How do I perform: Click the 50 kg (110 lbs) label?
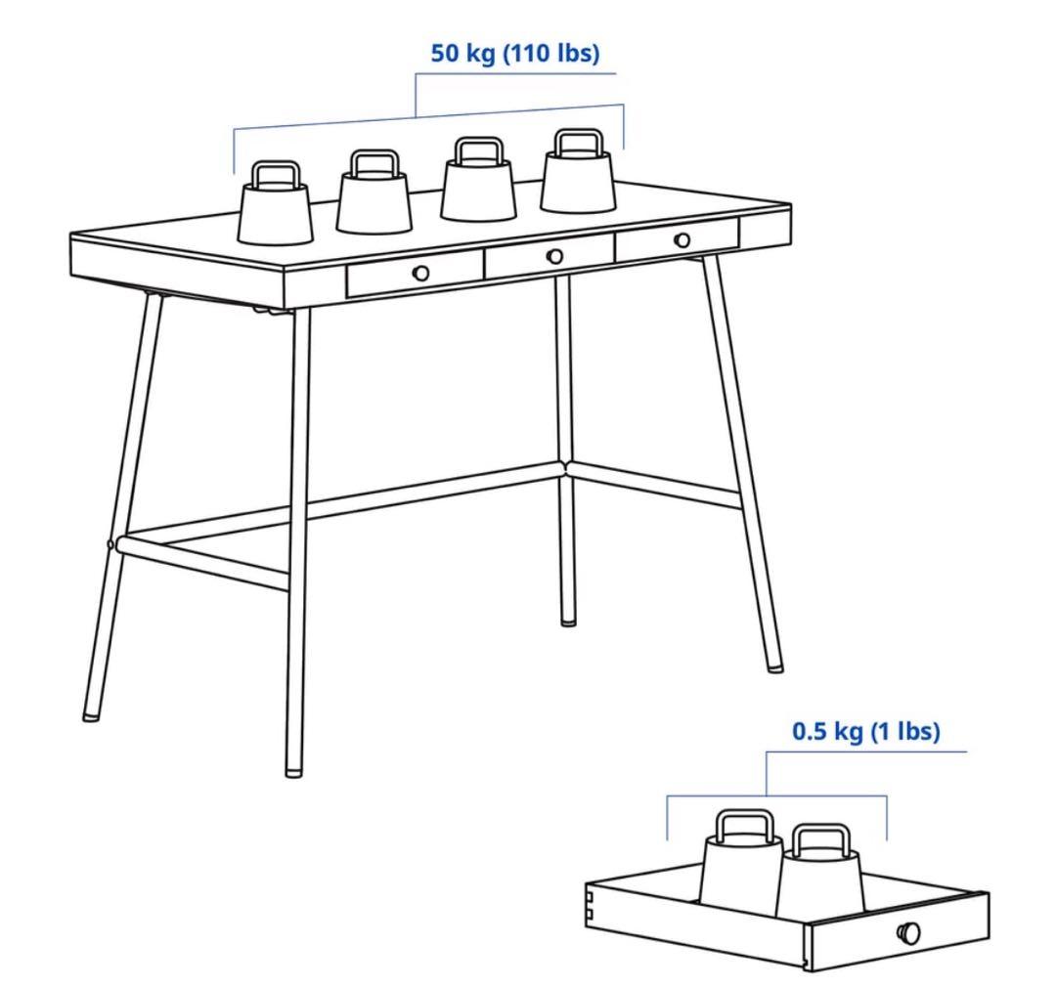click(x=515, y=55)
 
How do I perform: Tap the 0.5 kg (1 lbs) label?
click(x=865, y=732)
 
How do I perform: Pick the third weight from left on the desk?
click(x=478, y=190)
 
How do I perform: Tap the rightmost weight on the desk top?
click(x=579, y=181)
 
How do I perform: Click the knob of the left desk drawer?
click(x=420, y=273)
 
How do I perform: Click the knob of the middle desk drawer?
click(x=554, y=256)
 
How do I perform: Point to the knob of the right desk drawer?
click(x=682, y=239)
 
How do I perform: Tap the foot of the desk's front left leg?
click(x=293, y=770)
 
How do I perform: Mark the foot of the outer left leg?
click(x=91, y=713)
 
